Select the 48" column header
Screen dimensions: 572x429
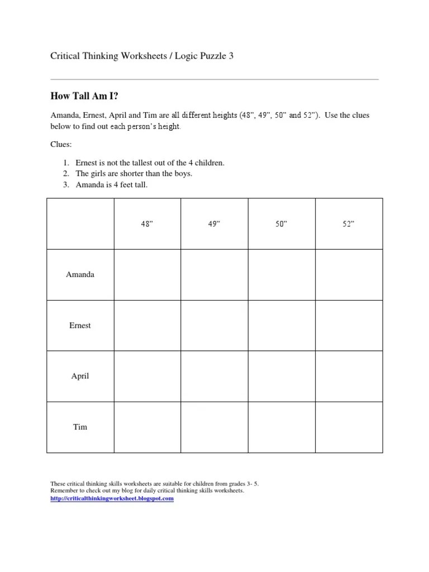(x=147, y=223)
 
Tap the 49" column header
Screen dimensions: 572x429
(x=214, y=223)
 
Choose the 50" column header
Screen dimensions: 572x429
(x=282, y=223)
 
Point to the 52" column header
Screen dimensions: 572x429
(x=349, y=223)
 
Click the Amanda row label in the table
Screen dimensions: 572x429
(x=80, y=275)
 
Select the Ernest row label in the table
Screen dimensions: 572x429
(x=80, y=326)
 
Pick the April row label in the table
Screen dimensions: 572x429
(x=80, y=376)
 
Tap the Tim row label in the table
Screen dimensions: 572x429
(x=80, y=427)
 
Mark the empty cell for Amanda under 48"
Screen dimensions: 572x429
(x=147, y=275)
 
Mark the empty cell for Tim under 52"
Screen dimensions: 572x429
(x=349, y=427)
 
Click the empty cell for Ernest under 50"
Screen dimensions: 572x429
(x=282, y=326)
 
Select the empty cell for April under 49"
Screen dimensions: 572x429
(x=214, y=376)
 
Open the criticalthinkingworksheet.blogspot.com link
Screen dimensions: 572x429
(x=112, y=498)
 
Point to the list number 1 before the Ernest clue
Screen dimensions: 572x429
(x=65, y=163)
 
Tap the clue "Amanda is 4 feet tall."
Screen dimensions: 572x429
(x=111, y=184)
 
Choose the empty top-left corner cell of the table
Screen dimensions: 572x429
(x=80, y=223)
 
